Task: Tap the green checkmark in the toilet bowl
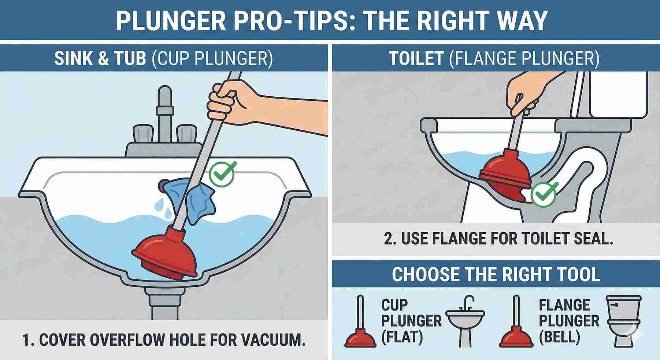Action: [543, 195]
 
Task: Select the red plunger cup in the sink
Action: [165, 253]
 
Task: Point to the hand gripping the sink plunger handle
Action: [229, 101]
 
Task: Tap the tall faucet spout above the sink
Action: [164, 110]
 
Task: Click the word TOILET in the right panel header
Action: [416, 58]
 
